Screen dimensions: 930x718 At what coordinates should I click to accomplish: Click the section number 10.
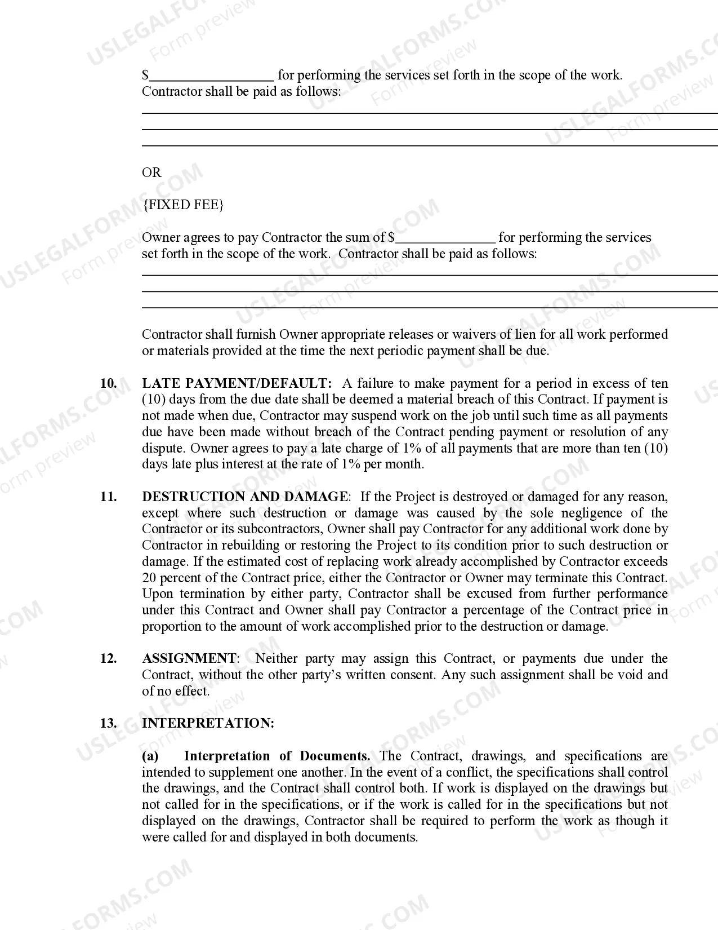coord(109,383)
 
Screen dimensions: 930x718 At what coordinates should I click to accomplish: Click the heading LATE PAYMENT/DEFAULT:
coord(237,383)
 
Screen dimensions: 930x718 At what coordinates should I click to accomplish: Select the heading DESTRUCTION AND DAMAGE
coord(245,497)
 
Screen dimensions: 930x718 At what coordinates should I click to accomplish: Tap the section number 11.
coord(109,497)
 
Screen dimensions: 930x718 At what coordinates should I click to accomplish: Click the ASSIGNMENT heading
coord(189,658)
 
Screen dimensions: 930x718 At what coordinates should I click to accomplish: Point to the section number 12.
coord(109,658)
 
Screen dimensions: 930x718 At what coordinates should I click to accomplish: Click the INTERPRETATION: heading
coord(208,723)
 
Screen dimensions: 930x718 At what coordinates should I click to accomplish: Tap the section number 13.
coord(109,723)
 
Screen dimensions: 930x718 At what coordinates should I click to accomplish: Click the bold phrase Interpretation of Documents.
coord(277,756)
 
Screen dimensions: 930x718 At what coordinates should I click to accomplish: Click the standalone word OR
coord(151,172)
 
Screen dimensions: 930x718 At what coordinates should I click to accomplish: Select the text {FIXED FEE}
coord(183,205)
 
